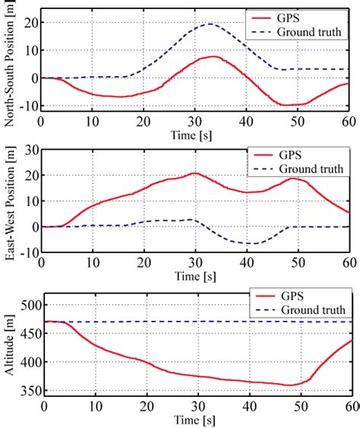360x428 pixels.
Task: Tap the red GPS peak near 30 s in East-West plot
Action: pyautogui.click(x=196, y=173)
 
